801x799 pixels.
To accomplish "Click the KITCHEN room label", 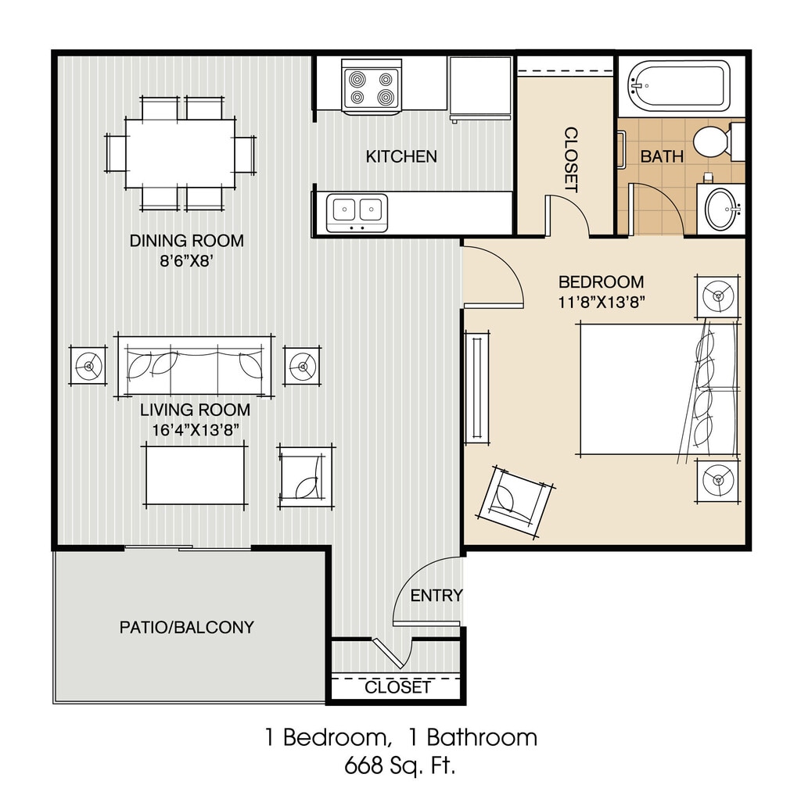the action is pos(401,156).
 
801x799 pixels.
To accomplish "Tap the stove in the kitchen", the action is pos(372,87).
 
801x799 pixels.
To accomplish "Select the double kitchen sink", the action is pos(357,213).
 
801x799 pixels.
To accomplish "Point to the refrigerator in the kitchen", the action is pos(480,88).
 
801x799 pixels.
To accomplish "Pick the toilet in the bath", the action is pos(719,142).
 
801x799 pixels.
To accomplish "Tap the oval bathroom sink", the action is pos(722,210).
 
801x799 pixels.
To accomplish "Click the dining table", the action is pos(181,153).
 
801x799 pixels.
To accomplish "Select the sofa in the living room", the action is pos(194,366).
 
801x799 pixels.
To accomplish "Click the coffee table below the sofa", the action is pos(195,475).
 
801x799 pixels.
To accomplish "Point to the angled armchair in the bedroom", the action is pos(515,501).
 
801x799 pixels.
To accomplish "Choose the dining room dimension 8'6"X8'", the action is pos(186,261).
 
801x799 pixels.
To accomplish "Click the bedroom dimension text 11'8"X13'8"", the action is pos(601,303).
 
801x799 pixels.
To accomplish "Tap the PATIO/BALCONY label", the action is pos(186,627).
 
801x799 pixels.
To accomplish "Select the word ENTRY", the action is pos(436,595).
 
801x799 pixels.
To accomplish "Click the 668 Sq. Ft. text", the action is pos(400,766).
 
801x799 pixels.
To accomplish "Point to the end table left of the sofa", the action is pos(89,366).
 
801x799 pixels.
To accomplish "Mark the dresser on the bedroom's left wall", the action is pos(477,388).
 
